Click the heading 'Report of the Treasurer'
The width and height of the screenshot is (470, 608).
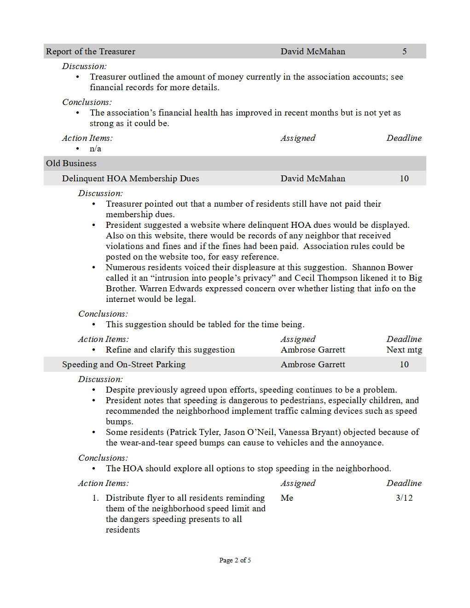[91, 52]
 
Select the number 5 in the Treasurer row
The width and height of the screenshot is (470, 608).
[404, 52]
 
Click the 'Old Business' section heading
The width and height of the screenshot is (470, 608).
[71, 163]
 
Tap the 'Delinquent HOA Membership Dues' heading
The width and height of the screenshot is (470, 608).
[130, 179]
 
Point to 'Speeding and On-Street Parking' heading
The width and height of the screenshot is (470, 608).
[123, 365]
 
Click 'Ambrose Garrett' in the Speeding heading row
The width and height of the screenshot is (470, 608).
[313, 365]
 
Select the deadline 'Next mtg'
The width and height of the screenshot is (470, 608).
[404, 350]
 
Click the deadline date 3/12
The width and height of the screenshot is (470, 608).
[404, 498]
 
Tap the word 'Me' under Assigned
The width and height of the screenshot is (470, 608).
[287, 498]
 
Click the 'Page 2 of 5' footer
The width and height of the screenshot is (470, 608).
[235, 560]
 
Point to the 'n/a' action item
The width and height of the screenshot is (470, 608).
[95, 149]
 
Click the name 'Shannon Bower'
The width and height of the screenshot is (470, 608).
[382, 267]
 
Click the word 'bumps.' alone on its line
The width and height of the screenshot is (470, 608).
[119, 422]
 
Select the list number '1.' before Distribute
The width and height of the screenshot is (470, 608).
[95, 498]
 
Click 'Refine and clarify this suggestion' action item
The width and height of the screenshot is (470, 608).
[170, 350]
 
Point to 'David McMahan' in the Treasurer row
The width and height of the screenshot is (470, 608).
[313, 52]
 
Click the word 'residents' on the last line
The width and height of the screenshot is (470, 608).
[122, 530]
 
